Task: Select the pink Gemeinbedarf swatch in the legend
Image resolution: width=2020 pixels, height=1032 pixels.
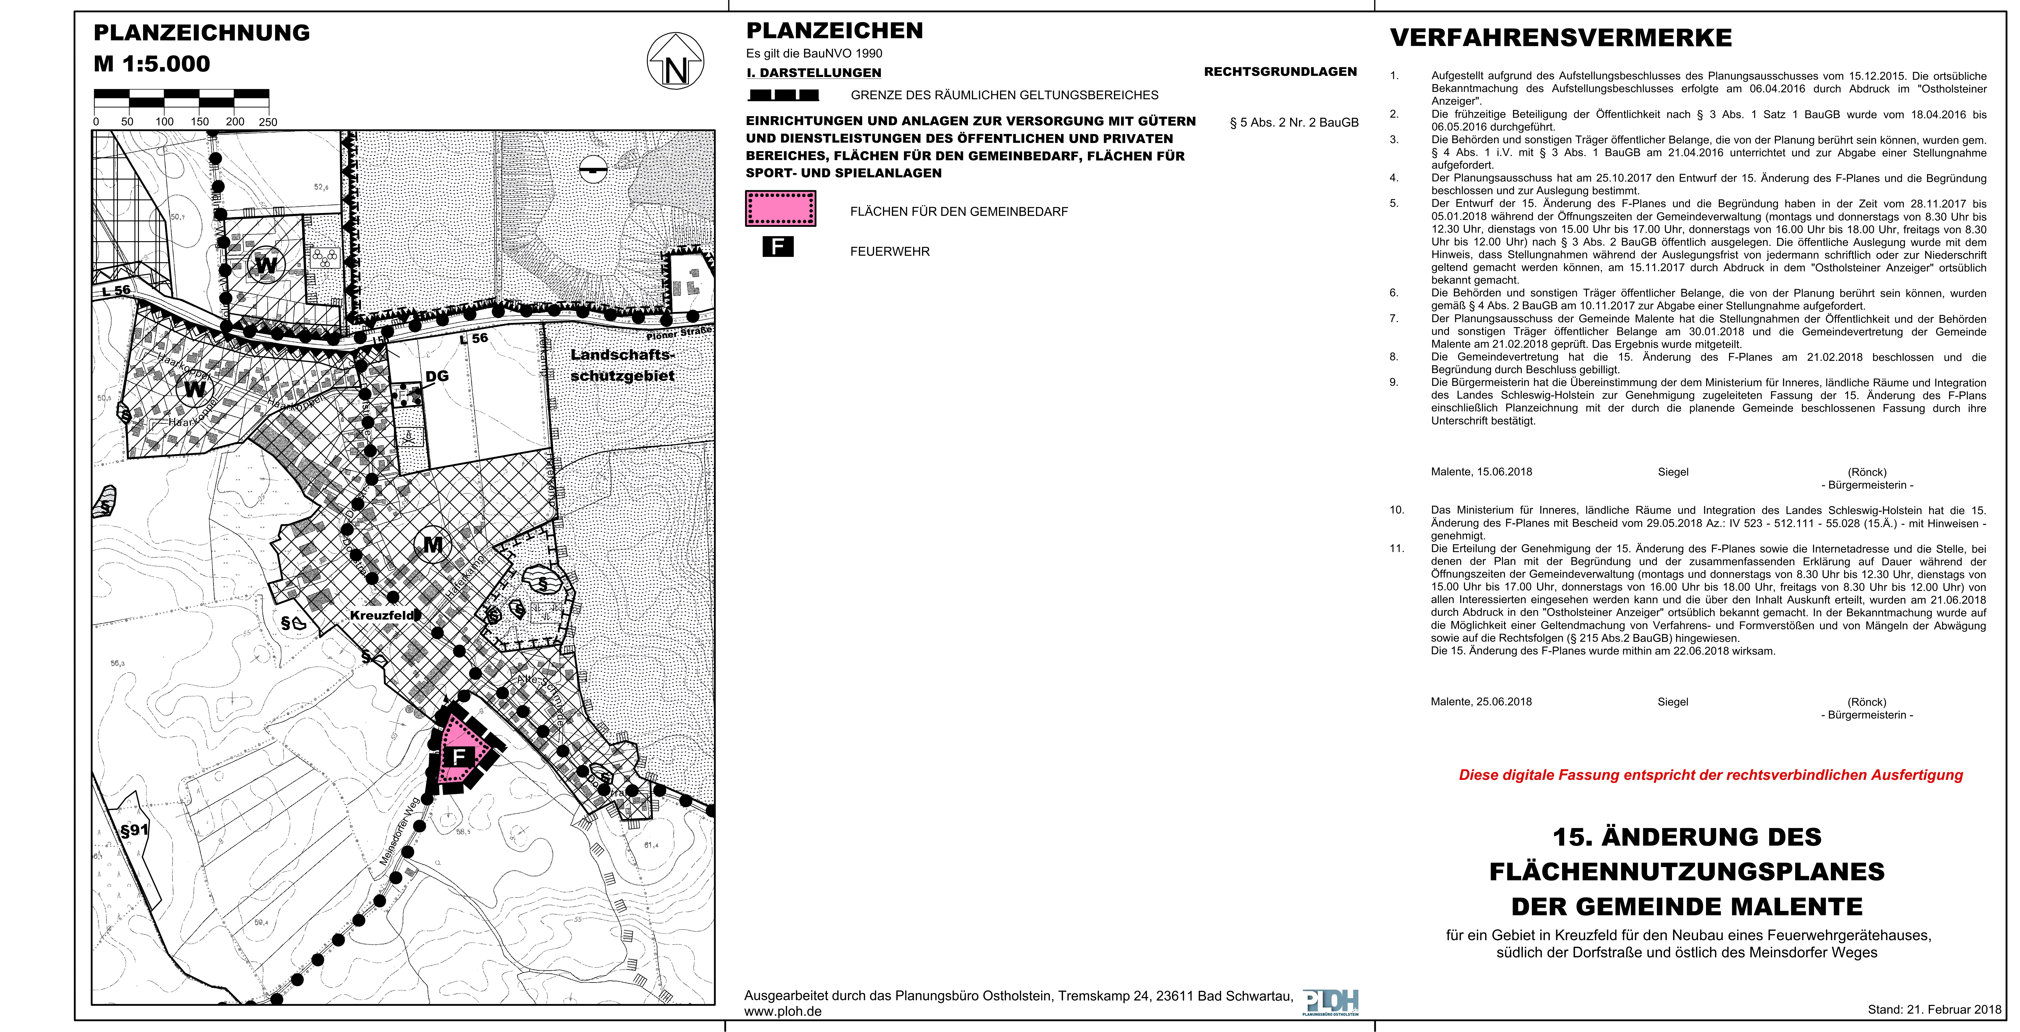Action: tap(780, 209)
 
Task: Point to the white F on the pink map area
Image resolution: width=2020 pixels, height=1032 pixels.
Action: tap(459, 757)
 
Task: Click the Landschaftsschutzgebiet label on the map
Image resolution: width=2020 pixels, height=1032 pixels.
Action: tap(623, 365)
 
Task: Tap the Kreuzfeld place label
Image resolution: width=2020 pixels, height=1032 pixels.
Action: tap(382, 616)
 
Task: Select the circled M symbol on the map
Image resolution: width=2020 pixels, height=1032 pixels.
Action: tap(433, 543)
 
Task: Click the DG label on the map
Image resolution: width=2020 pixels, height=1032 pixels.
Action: tap(437, 376)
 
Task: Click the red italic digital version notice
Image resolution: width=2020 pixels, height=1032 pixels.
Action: tap(1710, 775)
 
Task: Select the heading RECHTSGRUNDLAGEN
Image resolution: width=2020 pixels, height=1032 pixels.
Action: tap(1280, 71)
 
